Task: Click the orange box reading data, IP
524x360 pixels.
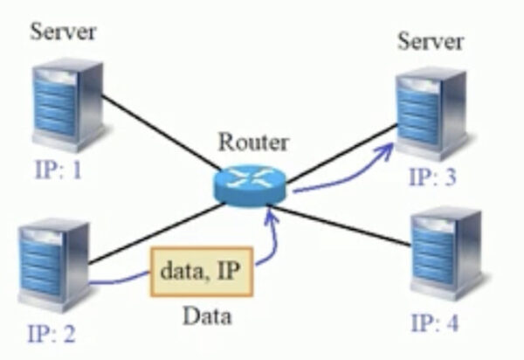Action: coord(202,272)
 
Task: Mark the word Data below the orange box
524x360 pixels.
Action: coord(206,315)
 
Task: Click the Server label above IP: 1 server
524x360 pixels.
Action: coord(63,33)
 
